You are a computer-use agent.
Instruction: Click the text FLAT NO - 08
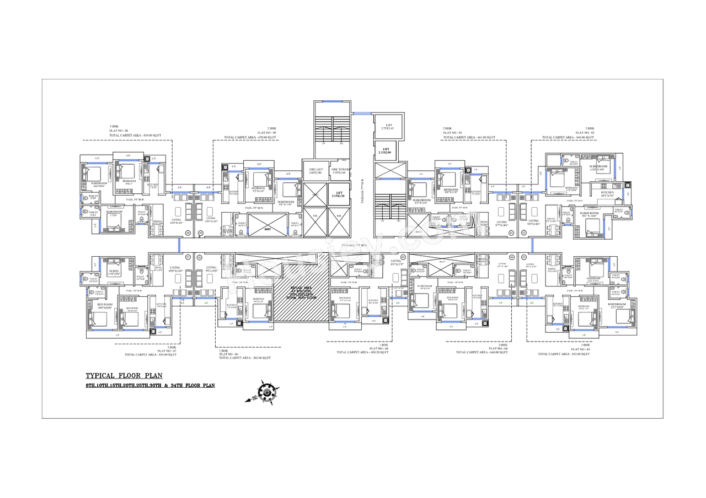tap(118, 131)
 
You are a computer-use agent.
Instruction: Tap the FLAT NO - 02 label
tap(585, 132)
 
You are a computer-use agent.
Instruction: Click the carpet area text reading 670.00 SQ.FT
tap(249, 137)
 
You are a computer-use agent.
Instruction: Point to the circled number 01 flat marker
tap(511, 233)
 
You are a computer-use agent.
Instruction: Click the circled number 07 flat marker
tap(187, 257)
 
